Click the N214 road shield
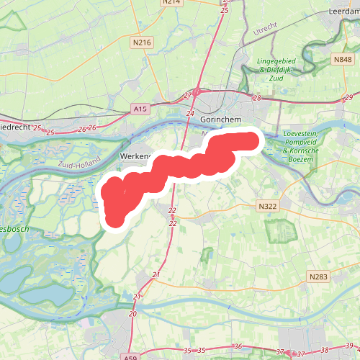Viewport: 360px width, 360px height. pos(171,2)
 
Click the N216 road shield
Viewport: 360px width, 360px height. pos(143,43)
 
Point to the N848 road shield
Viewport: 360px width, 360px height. pos(341,59)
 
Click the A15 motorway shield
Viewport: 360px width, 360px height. pos(140,109)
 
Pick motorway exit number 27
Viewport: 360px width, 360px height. pos(189,95)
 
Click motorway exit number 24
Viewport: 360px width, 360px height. pos(190,114)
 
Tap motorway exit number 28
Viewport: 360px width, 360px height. pos(257,98)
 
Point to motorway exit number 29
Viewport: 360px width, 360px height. pos(348,97)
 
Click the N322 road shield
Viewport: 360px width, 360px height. pos(267,206)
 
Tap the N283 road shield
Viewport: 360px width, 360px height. pos(318,276)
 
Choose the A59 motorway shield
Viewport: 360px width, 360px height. pos(130,356)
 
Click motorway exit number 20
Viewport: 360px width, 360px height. pos(132,314)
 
